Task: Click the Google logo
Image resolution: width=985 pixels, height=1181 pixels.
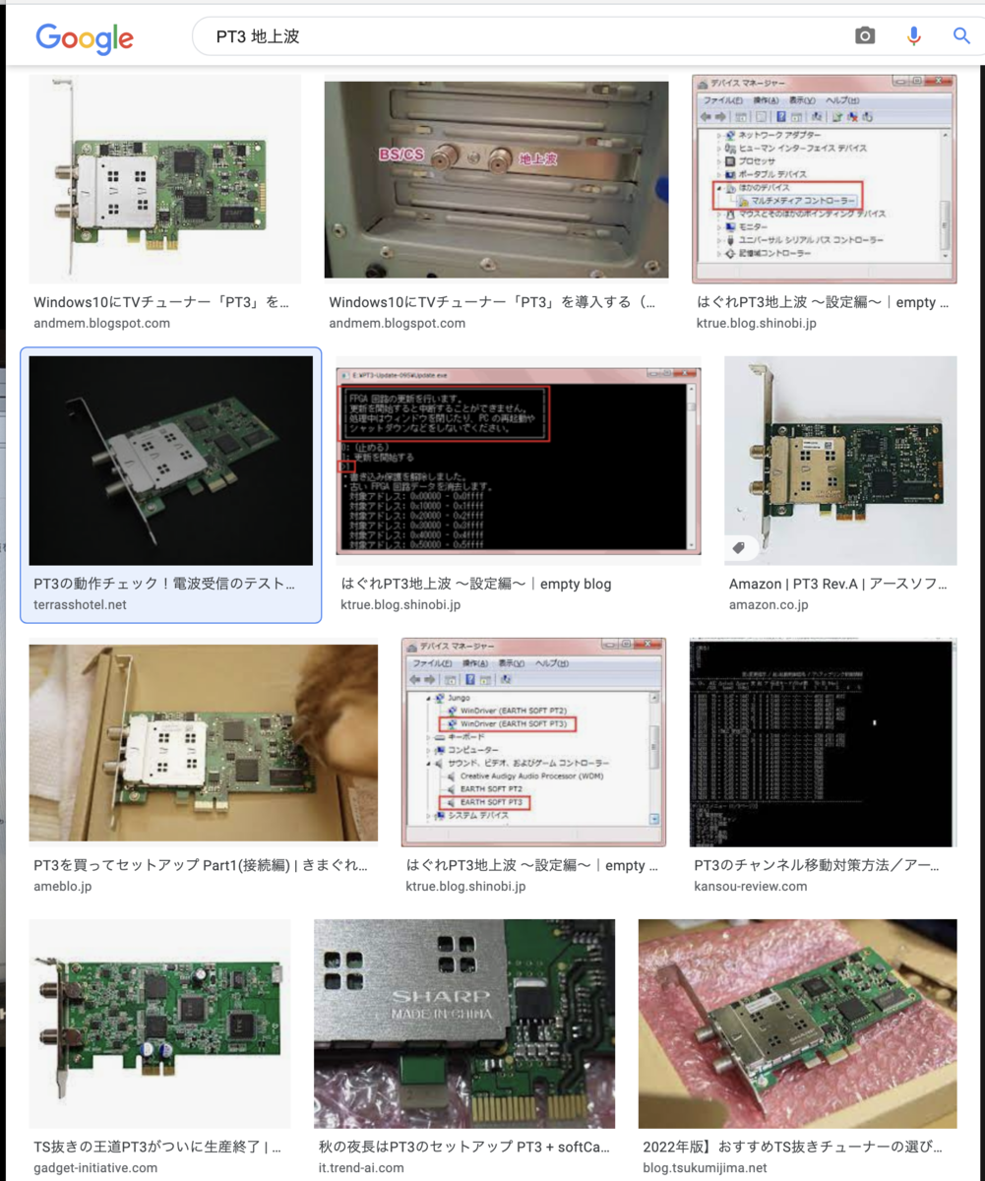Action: (85, 37)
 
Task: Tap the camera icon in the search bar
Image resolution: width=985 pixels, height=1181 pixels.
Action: (865, 36)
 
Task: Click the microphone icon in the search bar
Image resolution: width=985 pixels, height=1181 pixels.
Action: (914, 36)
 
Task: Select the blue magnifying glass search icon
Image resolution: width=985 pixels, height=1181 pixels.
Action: (961, 36)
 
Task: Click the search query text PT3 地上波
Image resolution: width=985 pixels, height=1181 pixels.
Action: (257, 37)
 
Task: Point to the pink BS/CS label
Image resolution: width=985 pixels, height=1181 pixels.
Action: (401, 155)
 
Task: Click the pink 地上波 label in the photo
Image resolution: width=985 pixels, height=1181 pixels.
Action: (538, 157)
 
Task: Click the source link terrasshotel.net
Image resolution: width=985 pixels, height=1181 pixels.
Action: (80, 604)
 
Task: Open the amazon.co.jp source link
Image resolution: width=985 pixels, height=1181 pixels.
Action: (769, 604)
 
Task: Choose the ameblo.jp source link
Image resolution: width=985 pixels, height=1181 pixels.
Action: (63, 886)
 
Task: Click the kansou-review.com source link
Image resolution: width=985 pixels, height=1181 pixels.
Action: (750, 886)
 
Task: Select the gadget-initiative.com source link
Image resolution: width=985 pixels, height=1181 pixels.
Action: (95, 1167)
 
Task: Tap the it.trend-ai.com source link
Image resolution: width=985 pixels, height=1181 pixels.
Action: (360, 1167)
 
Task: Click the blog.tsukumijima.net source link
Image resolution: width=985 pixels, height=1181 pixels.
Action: (705, 1167)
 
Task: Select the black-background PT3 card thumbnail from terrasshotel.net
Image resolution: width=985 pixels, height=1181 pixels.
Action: (170, 460)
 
